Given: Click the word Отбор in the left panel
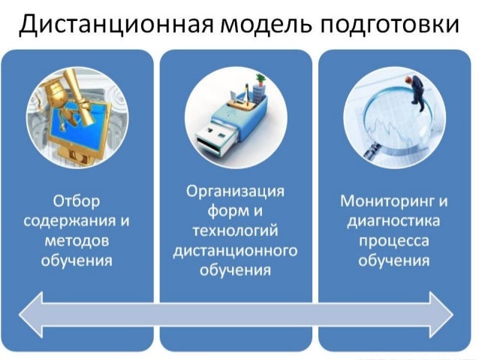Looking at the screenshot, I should [77, 202].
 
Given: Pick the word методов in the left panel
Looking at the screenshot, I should [77, 241].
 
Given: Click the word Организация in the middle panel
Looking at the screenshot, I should [236, 192].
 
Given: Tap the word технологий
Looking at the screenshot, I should [236, 231].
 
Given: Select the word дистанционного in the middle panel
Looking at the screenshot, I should [236, 250].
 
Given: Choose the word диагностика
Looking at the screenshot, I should [394, 222].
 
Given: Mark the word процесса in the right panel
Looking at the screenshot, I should [394, 241].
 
